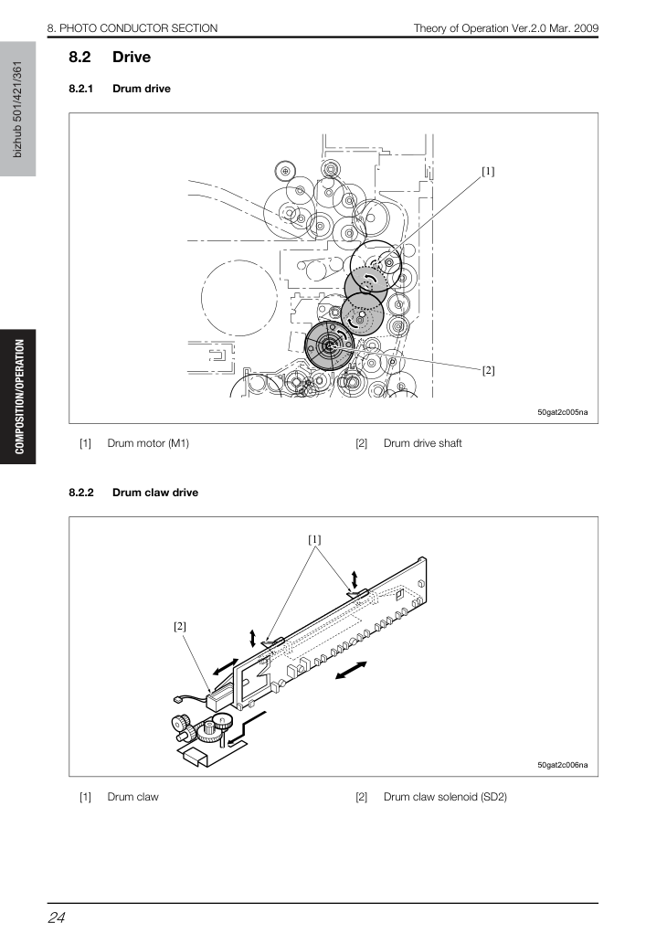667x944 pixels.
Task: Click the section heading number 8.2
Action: [79, 58]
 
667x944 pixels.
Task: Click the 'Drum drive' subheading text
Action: [142, 89]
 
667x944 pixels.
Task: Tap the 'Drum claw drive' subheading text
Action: [155, 493]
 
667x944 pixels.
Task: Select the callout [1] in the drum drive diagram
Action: [488, 172]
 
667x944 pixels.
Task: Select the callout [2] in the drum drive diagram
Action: [488, 370]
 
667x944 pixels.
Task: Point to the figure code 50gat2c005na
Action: [562, 412]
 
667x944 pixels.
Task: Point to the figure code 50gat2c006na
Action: [562, 765]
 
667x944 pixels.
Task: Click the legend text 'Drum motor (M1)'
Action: [148, 443]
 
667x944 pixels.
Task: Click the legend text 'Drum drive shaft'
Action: [423, 443]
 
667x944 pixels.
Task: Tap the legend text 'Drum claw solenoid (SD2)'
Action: [446, 797]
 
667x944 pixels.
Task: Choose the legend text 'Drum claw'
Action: [133, 797]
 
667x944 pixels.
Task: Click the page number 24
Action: [57, 917]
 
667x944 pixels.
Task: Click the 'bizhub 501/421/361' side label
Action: [17, 109]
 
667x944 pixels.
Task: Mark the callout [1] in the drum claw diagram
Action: [314, 539]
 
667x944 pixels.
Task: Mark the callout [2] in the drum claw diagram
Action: [179, 627]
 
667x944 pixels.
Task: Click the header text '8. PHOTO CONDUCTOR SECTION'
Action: [132, 27]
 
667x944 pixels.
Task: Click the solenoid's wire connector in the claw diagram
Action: [175, 699]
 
